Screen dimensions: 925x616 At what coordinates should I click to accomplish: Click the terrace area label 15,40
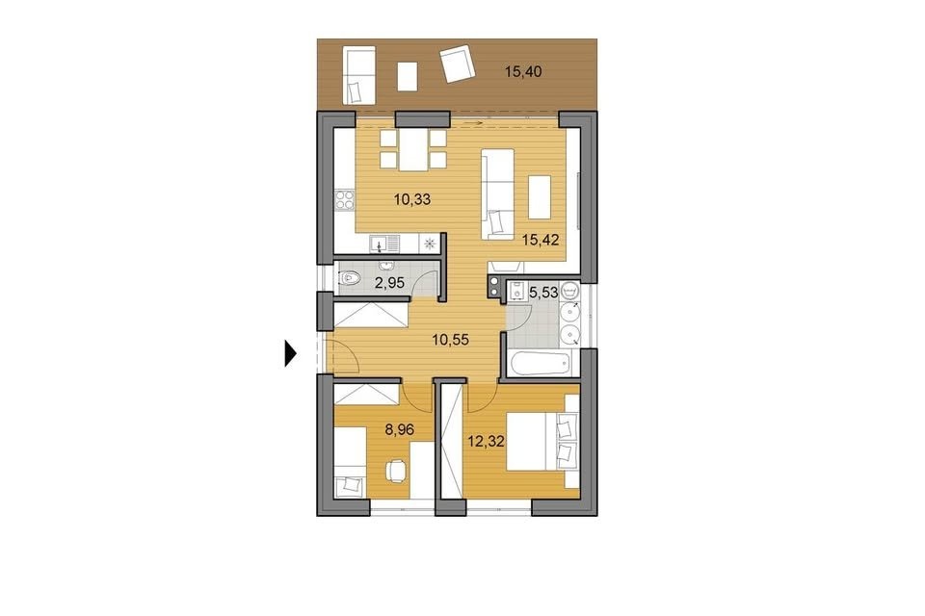pyautogui.click(x=523, y=72)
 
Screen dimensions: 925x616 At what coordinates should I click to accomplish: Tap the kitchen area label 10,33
pyautogui.click(x=412, y=199)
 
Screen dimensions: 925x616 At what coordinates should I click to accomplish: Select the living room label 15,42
pyautogui.click(x=541, y=240)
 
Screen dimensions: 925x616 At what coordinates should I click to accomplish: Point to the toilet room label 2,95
pyautogui.click(x=389, y=283)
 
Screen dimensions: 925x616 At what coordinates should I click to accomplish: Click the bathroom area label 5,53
pyautogui.click(x=543, y=292)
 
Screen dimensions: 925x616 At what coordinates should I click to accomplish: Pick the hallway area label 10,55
pyautogui.click(x=450, y=340)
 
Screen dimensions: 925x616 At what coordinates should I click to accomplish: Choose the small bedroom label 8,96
pyautogui.click(x=399, y=429)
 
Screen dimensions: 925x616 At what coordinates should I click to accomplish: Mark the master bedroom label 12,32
pyautogui.click(x=486, y=441)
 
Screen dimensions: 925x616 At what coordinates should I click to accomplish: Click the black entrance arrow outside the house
pyautogui.click(x=290, y=353)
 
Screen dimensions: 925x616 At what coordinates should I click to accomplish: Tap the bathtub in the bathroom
pyautogui.click(x=542, y=364)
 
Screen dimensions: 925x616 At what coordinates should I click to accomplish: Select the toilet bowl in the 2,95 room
pyautogui.click(x=351, y=277)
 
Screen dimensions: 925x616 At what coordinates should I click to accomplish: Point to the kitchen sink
pyautogui.click(x=384, y=243)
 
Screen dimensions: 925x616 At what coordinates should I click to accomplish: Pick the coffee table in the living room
pyautogui.click(x=540, y=197)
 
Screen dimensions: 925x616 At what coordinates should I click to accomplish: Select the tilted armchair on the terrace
pyautogui.click(x=457, y=64)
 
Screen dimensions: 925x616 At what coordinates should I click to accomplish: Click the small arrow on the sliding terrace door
pyautogui.click(x=474, y=122)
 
